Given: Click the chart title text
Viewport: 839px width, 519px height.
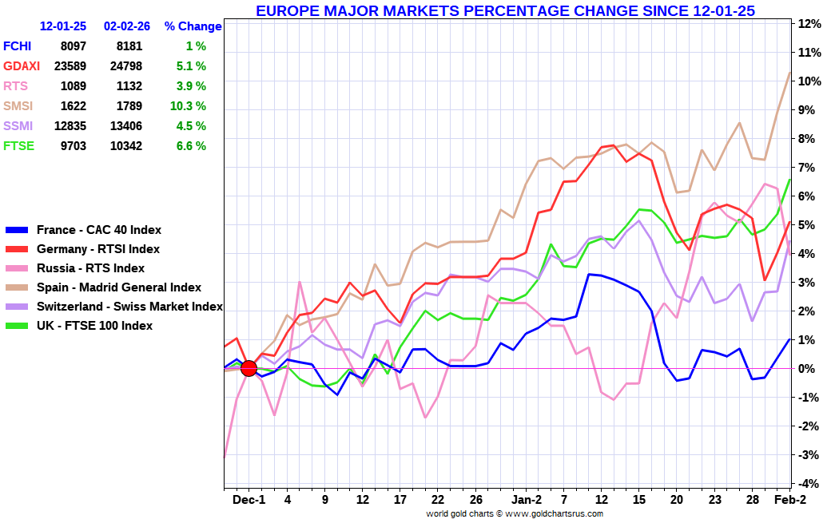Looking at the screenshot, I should [x=505, y=10].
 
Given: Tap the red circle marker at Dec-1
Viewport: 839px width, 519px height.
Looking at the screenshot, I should [x=249, y=368].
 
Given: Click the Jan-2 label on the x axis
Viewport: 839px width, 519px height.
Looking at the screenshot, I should [x=527, y=500].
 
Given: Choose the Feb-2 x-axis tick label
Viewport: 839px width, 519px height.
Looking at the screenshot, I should [x=790, y=500].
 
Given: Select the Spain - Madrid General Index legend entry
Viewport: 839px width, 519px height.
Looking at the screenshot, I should [x=119, y=287].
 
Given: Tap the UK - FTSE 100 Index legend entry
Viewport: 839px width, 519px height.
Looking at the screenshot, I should [x=99, y=326].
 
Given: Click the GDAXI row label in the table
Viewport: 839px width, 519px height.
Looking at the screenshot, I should [x=22, y=66].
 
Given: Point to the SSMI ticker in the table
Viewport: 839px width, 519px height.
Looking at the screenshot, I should [x=18, y=126].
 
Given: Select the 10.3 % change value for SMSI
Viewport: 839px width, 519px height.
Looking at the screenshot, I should [x=189, y=106].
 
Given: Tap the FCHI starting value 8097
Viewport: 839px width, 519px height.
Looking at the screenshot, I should [x=72, y=46].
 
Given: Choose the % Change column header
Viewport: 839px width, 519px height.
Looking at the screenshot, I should [x=193, y=26].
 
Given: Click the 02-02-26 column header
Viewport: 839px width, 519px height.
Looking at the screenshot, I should [x=127, y=26].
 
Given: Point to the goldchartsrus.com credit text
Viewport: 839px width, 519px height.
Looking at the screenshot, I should [x=515, y=513].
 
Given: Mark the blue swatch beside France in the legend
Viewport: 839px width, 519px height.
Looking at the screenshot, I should [x=17, y=230].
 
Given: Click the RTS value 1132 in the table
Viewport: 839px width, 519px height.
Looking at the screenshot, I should [x=129, y=86].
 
